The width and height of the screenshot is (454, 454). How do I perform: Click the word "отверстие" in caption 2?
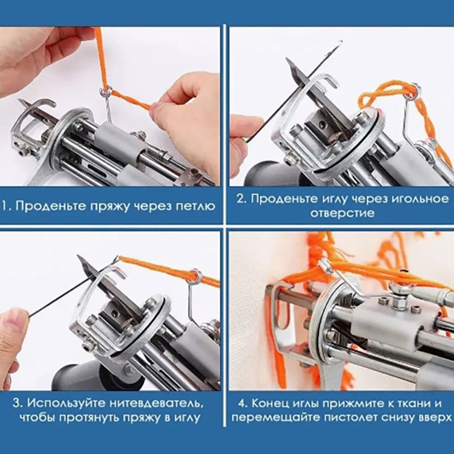coord(342,213)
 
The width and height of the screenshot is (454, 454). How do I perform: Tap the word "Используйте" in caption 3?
coord(67,403)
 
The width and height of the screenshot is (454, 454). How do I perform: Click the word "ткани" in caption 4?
coord(407,403)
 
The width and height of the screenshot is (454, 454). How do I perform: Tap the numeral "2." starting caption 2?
coord(242,199)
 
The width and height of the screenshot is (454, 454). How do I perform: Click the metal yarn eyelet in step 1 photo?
coord(104,93)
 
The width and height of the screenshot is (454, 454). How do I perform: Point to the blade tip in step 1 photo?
coord(20,100)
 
